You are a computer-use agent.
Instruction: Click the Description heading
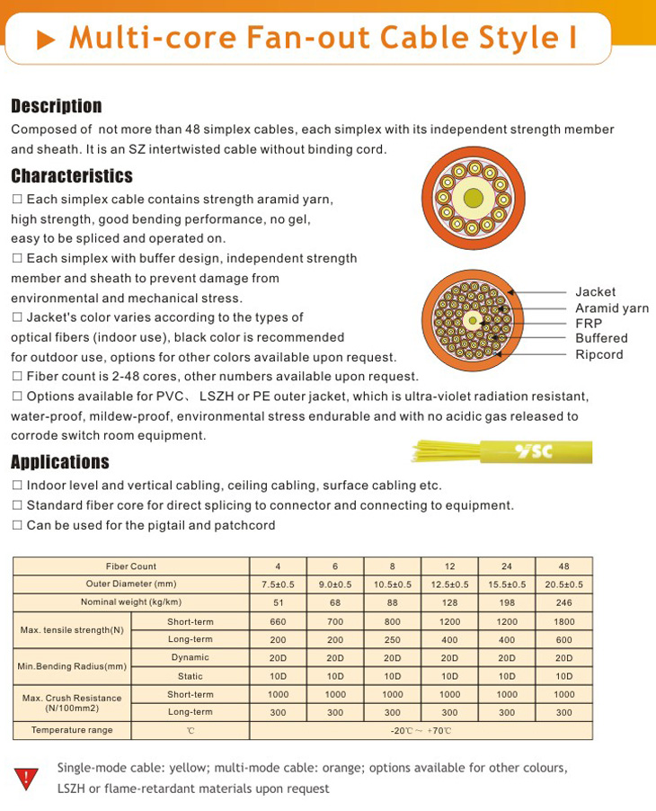pyautogui.click(x=56, y=106)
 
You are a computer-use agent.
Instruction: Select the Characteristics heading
pyautogui.click(x=71, y=175)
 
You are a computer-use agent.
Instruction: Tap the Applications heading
pyautogui.click(x=59, y=462)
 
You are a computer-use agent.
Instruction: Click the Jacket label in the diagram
pyautogui.click(x=595, y=291)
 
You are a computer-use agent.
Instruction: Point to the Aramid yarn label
pyautogui.click(x=611, y=307)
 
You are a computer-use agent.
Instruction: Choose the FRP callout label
pyautogui.click(x=589, y=323)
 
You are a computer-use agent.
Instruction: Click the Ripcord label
pyautogui.click(x=598, y=354)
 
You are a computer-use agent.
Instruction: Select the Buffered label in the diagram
pyautogui.click(x=601, y=338)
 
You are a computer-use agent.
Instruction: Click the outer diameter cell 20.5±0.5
pyautogui.click(x=563, y=584)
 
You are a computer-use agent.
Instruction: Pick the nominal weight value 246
pyautogui.click(x=563, y=602)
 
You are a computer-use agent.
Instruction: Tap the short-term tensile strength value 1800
pyautogui.click(x=563, y=621)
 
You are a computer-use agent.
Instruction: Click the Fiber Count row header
pyautogui.click(x=131, y=566)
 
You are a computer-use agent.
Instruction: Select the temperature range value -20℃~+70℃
pyautogui.click(x=421, y=731)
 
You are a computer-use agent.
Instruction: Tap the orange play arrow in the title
pyautogui.click(x=46, y=40)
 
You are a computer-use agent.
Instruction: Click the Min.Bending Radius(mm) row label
pyautogui.click(x=73, y=666)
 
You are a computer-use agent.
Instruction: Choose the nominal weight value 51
pyautogui.click(x=278, y=602)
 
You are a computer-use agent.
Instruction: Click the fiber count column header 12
pyautogui.click(x=449, y=566)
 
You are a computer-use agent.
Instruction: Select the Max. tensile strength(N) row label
pyautogui.click(x=73, y=629)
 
